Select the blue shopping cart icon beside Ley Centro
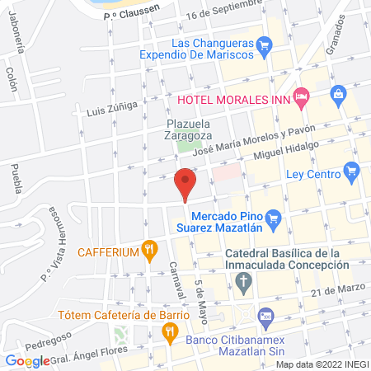point(352,173)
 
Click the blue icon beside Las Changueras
point(264,44)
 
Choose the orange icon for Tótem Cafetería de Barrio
point(171,333)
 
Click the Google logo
point(27,360)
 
